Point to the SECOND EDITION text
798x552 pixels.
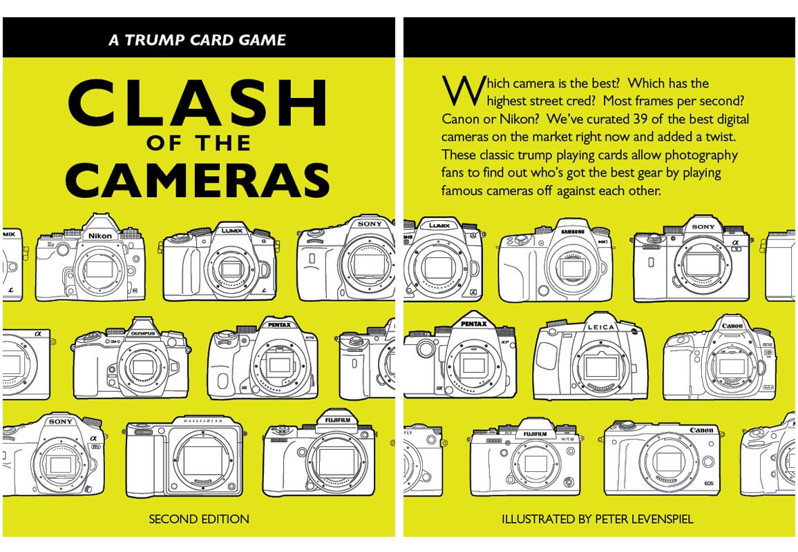pos(199,519)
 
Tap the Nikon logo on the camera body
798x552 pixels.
pos(99,236)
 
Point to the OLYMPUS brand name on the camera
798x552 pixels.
pos(144,333)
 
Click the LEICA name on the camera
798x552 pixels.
pos(600,327)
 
